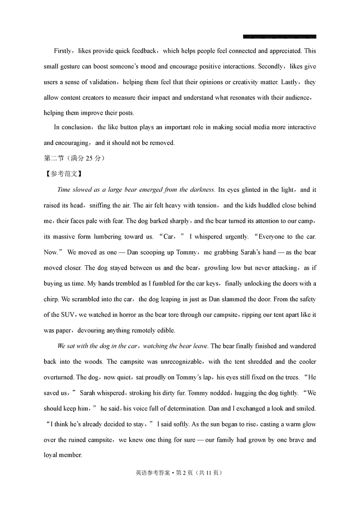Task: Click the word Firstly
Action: pyautogui.click(x=64, y=51)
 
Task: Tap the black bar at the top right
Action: pyautogui.click(x=279, y=36)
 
